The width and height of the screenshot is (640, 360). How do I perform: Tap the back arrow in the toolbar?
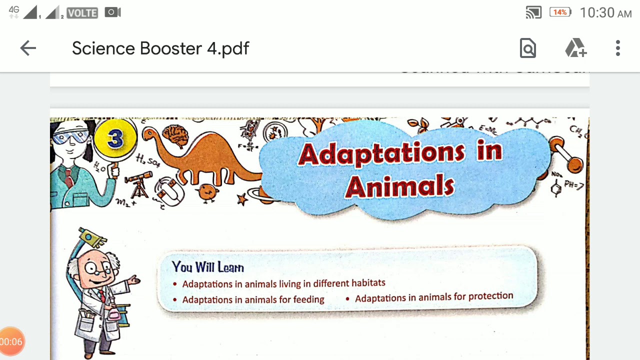coord(28,48)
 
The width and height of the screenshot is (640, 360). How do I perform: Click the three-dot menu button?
coord(618,48)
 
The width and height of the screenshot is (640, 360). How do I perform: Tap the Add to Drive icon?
coord(575,48)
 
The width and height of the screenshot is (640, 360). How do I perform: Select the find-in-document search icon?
coord(528,48)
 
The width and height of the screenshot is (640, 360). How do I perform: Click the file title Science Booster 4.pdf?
coord(160,48)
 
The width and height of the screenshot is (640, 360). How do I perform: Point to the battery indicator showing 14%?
coord(560,12)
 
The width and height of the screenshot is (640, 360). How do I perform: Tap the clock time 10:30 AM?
coord(605,12)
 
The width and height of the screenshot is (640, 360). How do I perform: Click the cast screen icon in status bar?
coord(533,12)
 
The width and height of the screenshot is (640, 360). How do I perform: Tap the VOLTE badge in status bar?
coord(82,13)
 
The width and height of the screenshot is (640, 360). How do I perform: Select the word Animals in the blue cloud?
coord(400,186)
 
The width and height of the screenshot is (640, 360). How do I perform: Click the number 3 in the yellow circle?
coord(115,138)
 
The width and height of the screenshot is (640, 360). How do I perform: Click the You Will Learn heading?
coord(207,267)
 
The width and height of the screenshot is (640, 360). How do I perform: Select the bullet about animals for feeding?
coord(253,299)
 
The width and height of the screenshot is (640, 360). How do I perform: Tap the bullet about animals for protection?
coord(433,297)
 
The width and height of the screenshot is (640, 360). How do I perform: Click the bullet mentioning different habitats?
coord(283,283)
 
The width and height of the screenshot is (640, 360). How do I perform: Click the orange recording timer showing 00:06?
coord(11,342)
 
